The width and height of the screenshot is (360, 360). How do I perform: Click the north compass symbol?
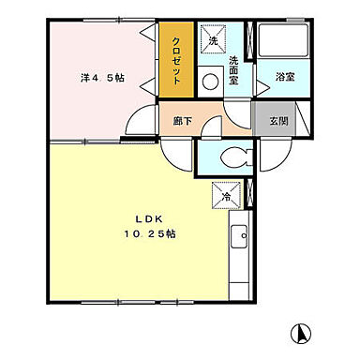[302, 333]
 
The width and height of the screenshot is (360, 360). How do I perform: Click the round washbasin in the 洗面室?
[210, 82]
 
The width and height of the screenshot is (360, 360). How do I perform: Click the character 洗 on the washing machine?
[213, 41]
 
